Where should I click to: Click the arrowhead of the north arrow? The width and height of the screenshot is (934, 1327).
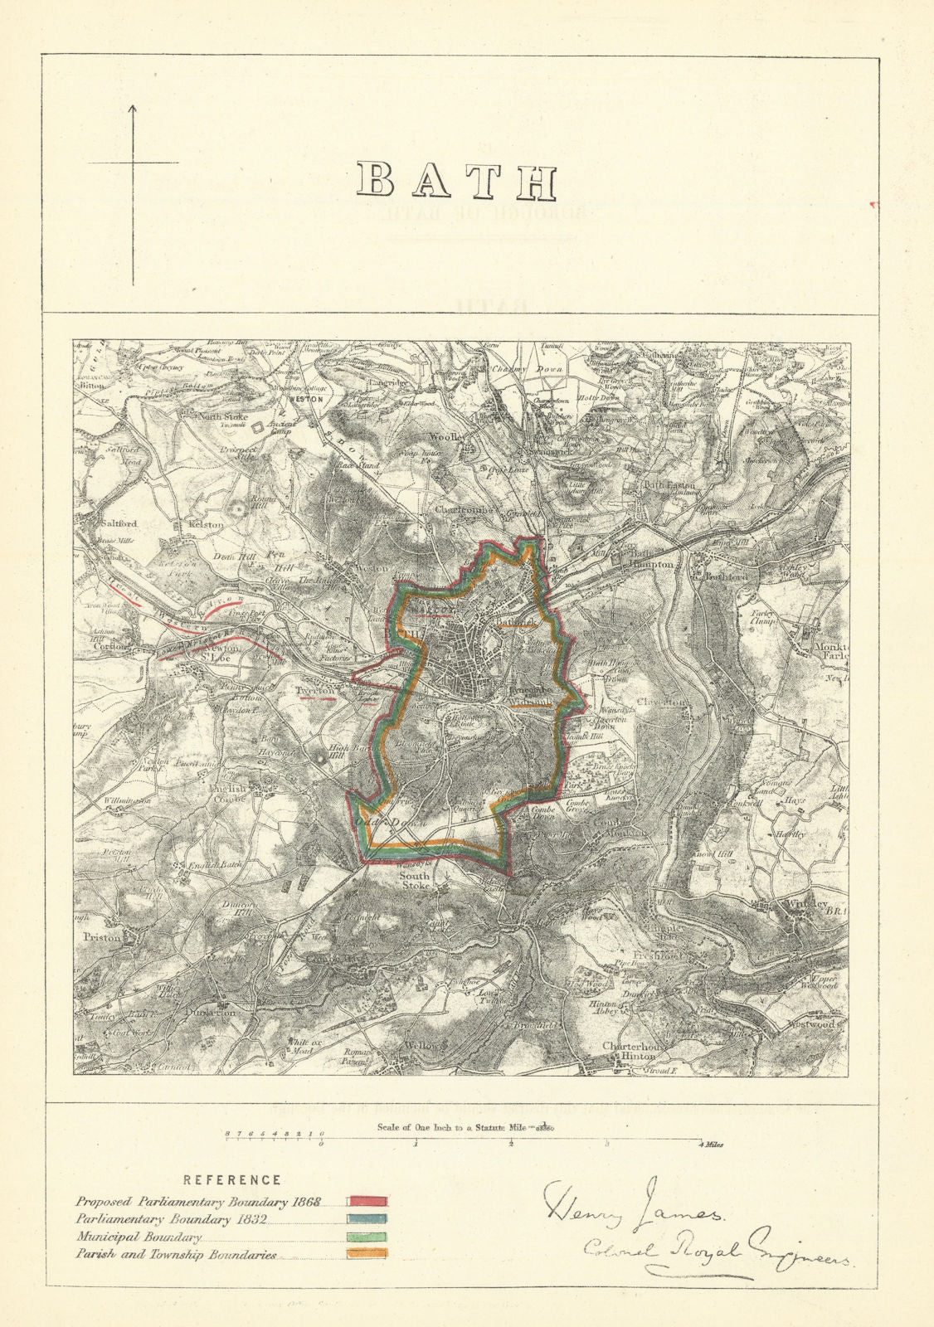[x=133, y=108]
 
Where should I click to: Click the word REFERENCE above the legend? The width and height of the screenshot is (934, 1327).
[x=231, y=1179]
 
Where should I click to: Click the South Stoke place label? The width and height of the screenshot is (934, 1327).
[x=415, y=881]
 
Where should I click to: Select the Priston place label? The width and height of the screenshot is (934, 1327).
[x=103, y=937]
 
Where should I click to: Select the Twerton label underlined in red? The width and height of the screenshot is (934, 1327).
[x=315, y=689]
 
